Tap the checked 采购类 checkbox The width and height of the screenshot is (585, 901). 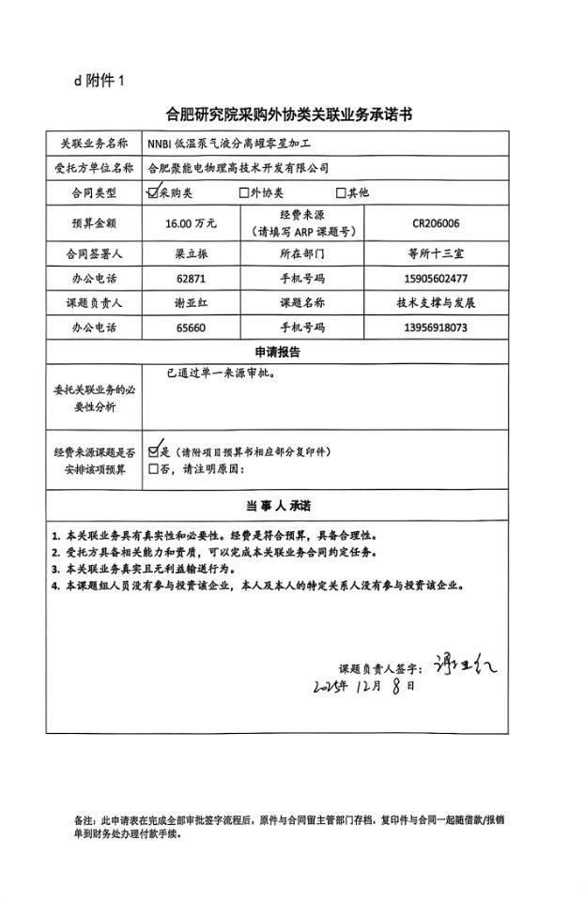(x=153, y=192)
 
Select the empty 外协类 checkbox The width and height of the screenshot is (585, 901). (x=244, y=192)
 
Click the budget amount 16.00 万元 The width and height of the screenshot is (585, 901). (x=191, y=224)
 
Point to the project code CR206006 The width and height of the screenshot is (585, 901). (x=435, y=224)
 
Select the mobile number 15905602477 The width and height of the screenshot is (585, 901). (x=435, y=279)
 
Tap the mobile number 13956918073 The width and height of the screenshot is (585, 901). (x=435, y=328)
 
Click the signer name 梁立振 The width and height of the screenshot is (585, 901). (x=191, y=254)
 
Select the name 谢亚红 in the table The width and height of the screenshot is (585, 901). (x=191, y=303)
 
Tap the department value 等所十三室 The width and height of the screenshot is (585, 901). (x=435, y=254)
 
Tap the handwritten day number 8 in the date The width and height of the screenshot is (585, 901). (x=397, y=686)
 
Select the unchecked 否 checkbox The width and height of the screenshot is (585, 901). (x=153, y=468)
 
